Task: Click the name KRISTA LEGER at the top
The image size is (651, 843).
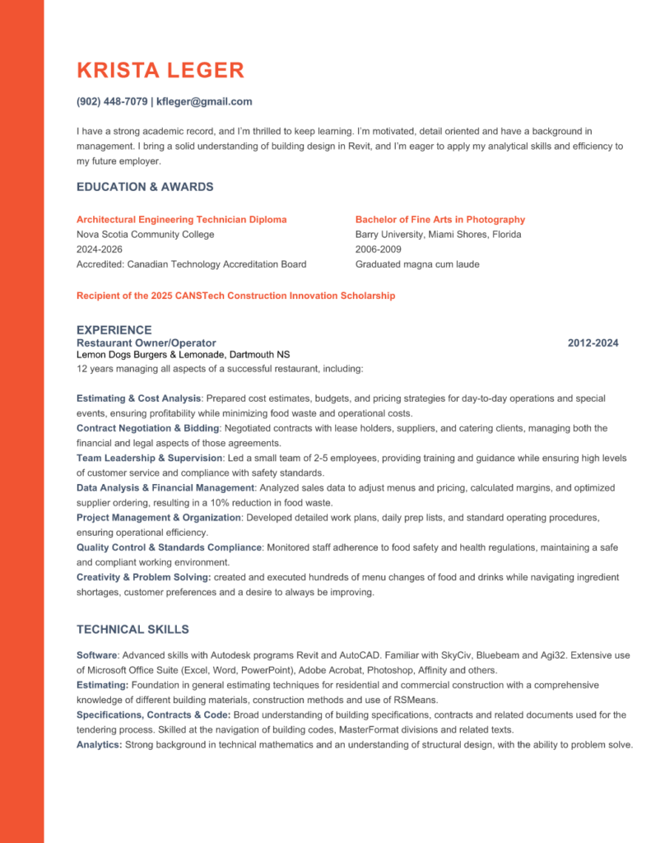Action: (x=160, y=70)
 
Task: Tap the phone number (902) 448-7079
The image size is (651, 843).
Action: (x=112, y=102)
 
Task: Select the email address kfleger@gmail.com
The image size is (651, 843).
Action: (x=204, y=102)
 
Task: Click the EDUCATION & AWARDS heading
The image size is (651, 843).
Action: (x=145, y=187)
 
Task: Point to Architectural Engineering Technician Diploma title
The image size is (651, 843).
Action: (x=182, y=220)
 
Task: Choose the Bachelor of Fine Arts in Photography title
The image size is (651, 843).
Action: (x=440, y=220)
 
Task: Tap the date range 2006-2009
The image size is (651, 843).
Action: (x=379, y=249)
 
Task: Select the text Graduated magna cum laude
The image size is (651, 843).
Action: (x=417, y=264)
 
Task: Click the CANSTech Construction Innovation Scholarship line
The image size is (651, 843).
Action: (x=235, y=296)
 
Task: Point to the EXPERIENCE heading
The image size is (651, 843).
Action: (x=114, y=330)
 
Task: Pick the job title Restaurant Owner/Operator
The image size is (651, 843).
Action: (x=146, y=342)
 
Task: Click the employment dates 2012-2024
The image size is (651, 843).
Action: (x=593, y=342)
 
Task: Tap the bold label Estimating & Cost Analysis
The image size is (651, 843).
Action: (x=139, y=398)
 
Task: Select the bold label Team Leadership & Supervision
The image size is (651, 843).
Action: (x=149, y=458)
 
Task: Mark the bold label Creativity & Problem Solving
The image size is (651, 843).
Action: (x=143, y=577)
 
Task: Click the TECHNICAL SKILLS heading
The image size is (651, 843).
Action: (x=133, y=630)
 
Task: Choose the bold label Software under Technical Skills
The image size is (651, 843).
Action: (x=97, y=655)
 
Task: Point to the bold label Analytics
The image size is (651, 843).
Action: (x=100, y=744)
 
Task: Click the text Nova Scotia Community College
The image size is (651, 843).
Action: (x=145, y=235)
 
